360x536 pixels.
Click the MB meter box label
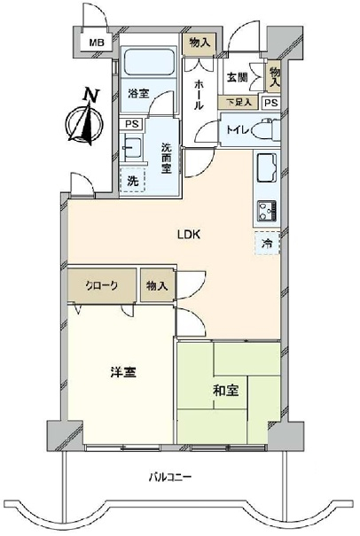tap(97, 43)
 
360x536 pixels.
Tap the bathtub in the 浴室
tap(148, 62)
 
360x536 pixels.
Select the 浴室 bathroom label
tap(139, 93)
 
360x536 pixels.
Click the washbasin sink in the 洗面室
tap(131, 148)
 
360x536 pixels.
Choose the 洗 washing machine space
tap(133, 181)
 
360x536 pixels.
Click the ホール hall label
tap(199, 95)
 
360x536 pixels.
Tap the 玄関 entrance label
tap(237, 77)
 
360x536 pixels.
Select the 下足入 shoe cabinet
tap(238, 102)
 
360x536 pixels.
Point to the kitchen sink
tap(266, 168)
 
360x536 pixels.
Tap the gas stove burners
tap(267, 211)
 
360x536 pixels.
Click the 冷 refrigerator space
tap(267, 243)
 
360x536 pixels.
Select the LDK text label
tap(188, 235)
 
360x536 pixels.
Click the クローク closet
tap(102, 285)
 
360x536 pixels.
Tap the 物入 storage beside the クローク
tap(157, 285)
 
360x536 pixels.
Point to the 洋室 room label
tap(123, 372)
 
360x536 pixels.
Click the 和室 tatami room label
tap(225, 391)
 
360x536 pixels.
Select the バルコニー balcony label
tap(170, 477)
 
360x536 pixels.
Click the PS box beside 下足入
tap(271, 103)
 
